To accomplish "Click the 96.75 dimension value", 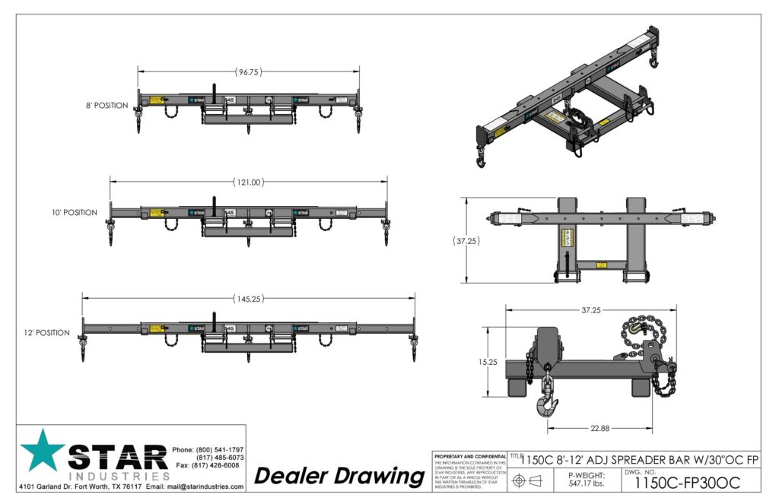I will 249,72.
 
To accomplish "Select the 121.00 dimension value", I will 248,182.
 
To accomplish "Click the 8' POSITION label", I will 107,106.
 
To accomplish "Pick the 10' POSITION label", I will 75,213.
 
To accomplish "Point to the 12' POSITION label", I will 47,333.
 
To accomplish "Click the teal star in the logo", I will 43,450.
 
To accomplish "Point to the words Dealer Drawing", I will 339,477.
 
